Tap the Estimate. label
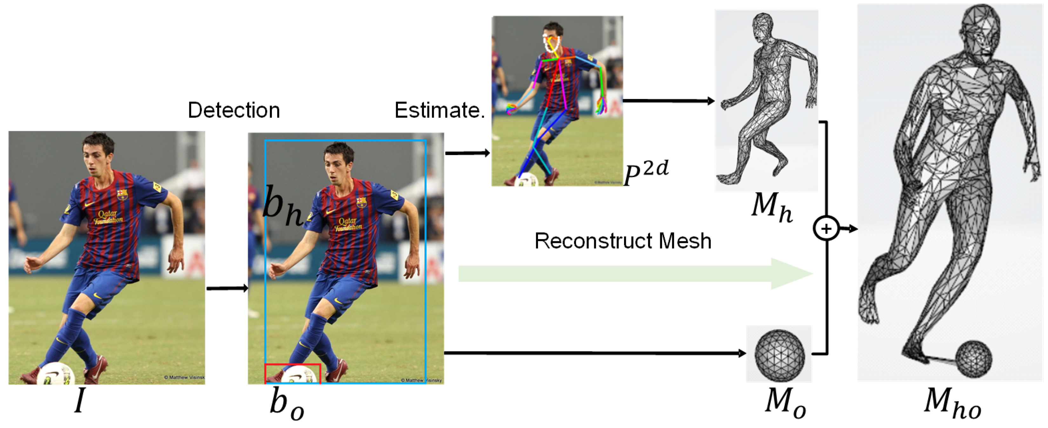pos(440,110)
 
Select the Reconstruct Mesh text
pos(622,241)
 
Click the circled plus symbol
pos(826,229)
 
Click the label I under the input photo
pos(80,401)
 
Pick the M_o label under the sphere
pos(785,403)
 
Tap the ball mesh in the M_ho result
pos(974,359)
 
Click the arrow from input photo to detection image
pos(227,288)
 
